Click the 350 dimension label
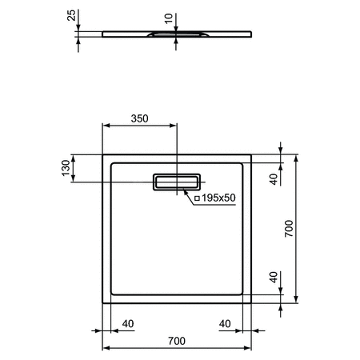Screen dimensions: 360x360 (x=140, y=118)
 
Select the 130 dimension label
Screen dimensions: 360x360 (x=65, y=167)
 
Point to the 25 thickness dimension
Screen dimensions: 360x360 (x=71, y=16)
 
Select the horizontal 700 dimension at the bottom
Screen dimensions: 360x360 (x=178, y=342)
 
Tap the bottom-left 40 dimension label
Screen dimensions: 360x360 (x=127, y=324)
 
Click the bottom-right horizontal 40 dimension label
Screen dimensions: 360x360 (x=227, y=324)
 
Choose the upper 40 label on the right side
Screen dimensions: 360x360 (x=273, y=178)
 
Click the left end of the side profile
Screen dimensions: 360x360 (x=103, y=34)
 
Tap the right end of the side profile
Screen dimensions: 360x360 (x=252, y=34)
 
